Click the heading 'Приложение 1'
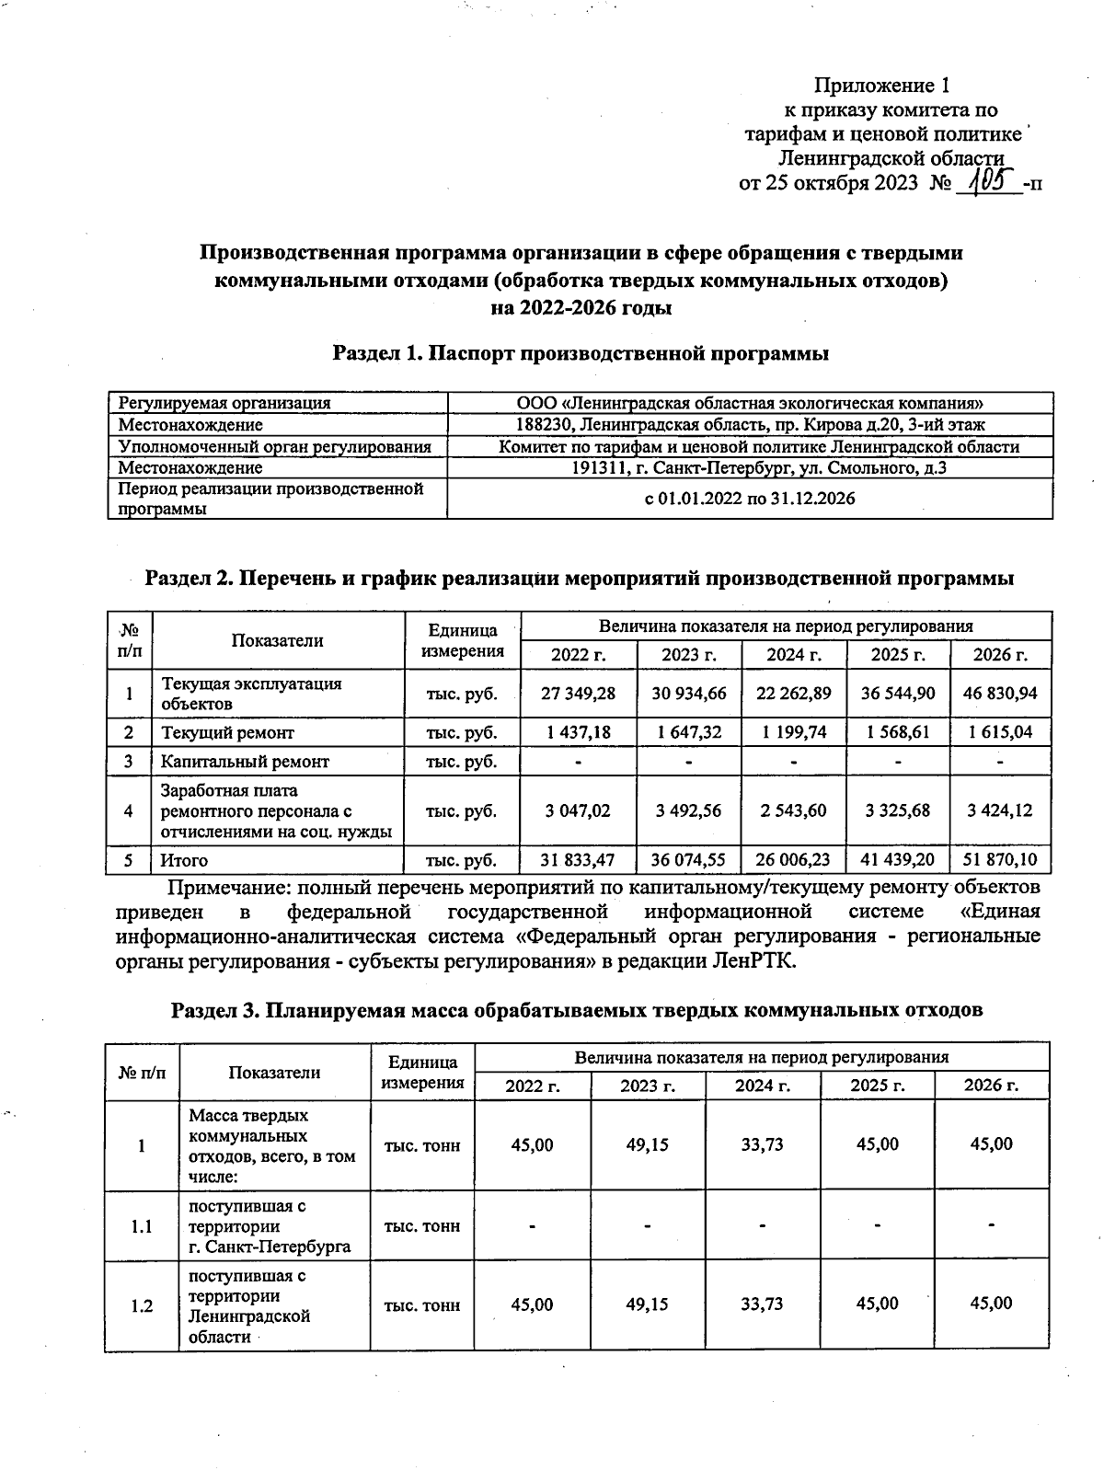[880, 86]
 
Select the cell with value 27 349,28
[578, 694]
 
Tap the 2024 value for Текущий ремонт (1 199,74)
[793, 732]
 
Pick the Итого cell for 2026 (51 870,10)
[1000, 860]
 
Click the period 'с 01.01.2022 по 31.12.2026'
[750, 499]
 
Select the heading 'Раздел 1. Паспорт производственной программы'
[581, 353]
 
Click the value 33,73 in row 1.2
[761, 1304]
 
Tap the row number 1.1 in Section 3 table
[142, 1226]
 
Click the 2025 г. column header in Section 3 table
[877, 1086]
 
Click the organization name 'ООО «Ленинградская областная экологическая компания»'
[750, 403]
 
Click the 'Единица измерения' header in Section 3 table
[422, 1073]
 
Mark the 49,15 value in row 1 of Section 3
[647, 1144]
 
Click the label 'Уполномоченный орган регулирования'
[275, 447]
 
